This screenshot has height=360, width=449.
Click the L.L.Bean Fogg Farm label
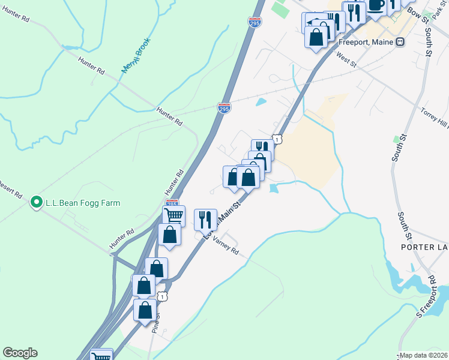pyautogui.click(x=83, y=203)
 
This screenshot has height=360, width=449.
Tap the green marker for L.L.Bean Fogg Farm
pyautogui.click(x=36, y=203)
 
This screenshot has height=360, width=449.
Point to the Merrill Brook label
pyautogui.click(x=134, y=56)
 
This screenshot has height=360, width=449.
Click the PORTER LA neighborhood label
pyautogui.click(x=424, y=247)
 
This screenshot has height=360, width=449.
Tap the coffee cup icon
pyautogui.click(x=376, y=5)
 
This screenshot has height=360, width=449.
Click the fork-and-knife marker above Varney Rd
pyautogui.click(x=205, y=220)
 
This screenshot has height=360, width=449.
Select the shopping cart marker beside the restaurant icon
pyautogui.click(x=173, y=214)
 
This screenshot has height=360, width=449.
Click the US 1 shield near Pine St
pyautogui.click(x=161, y=296)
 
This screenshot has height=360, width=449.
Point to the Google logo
pyautogui.click(x=20, y=353)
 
